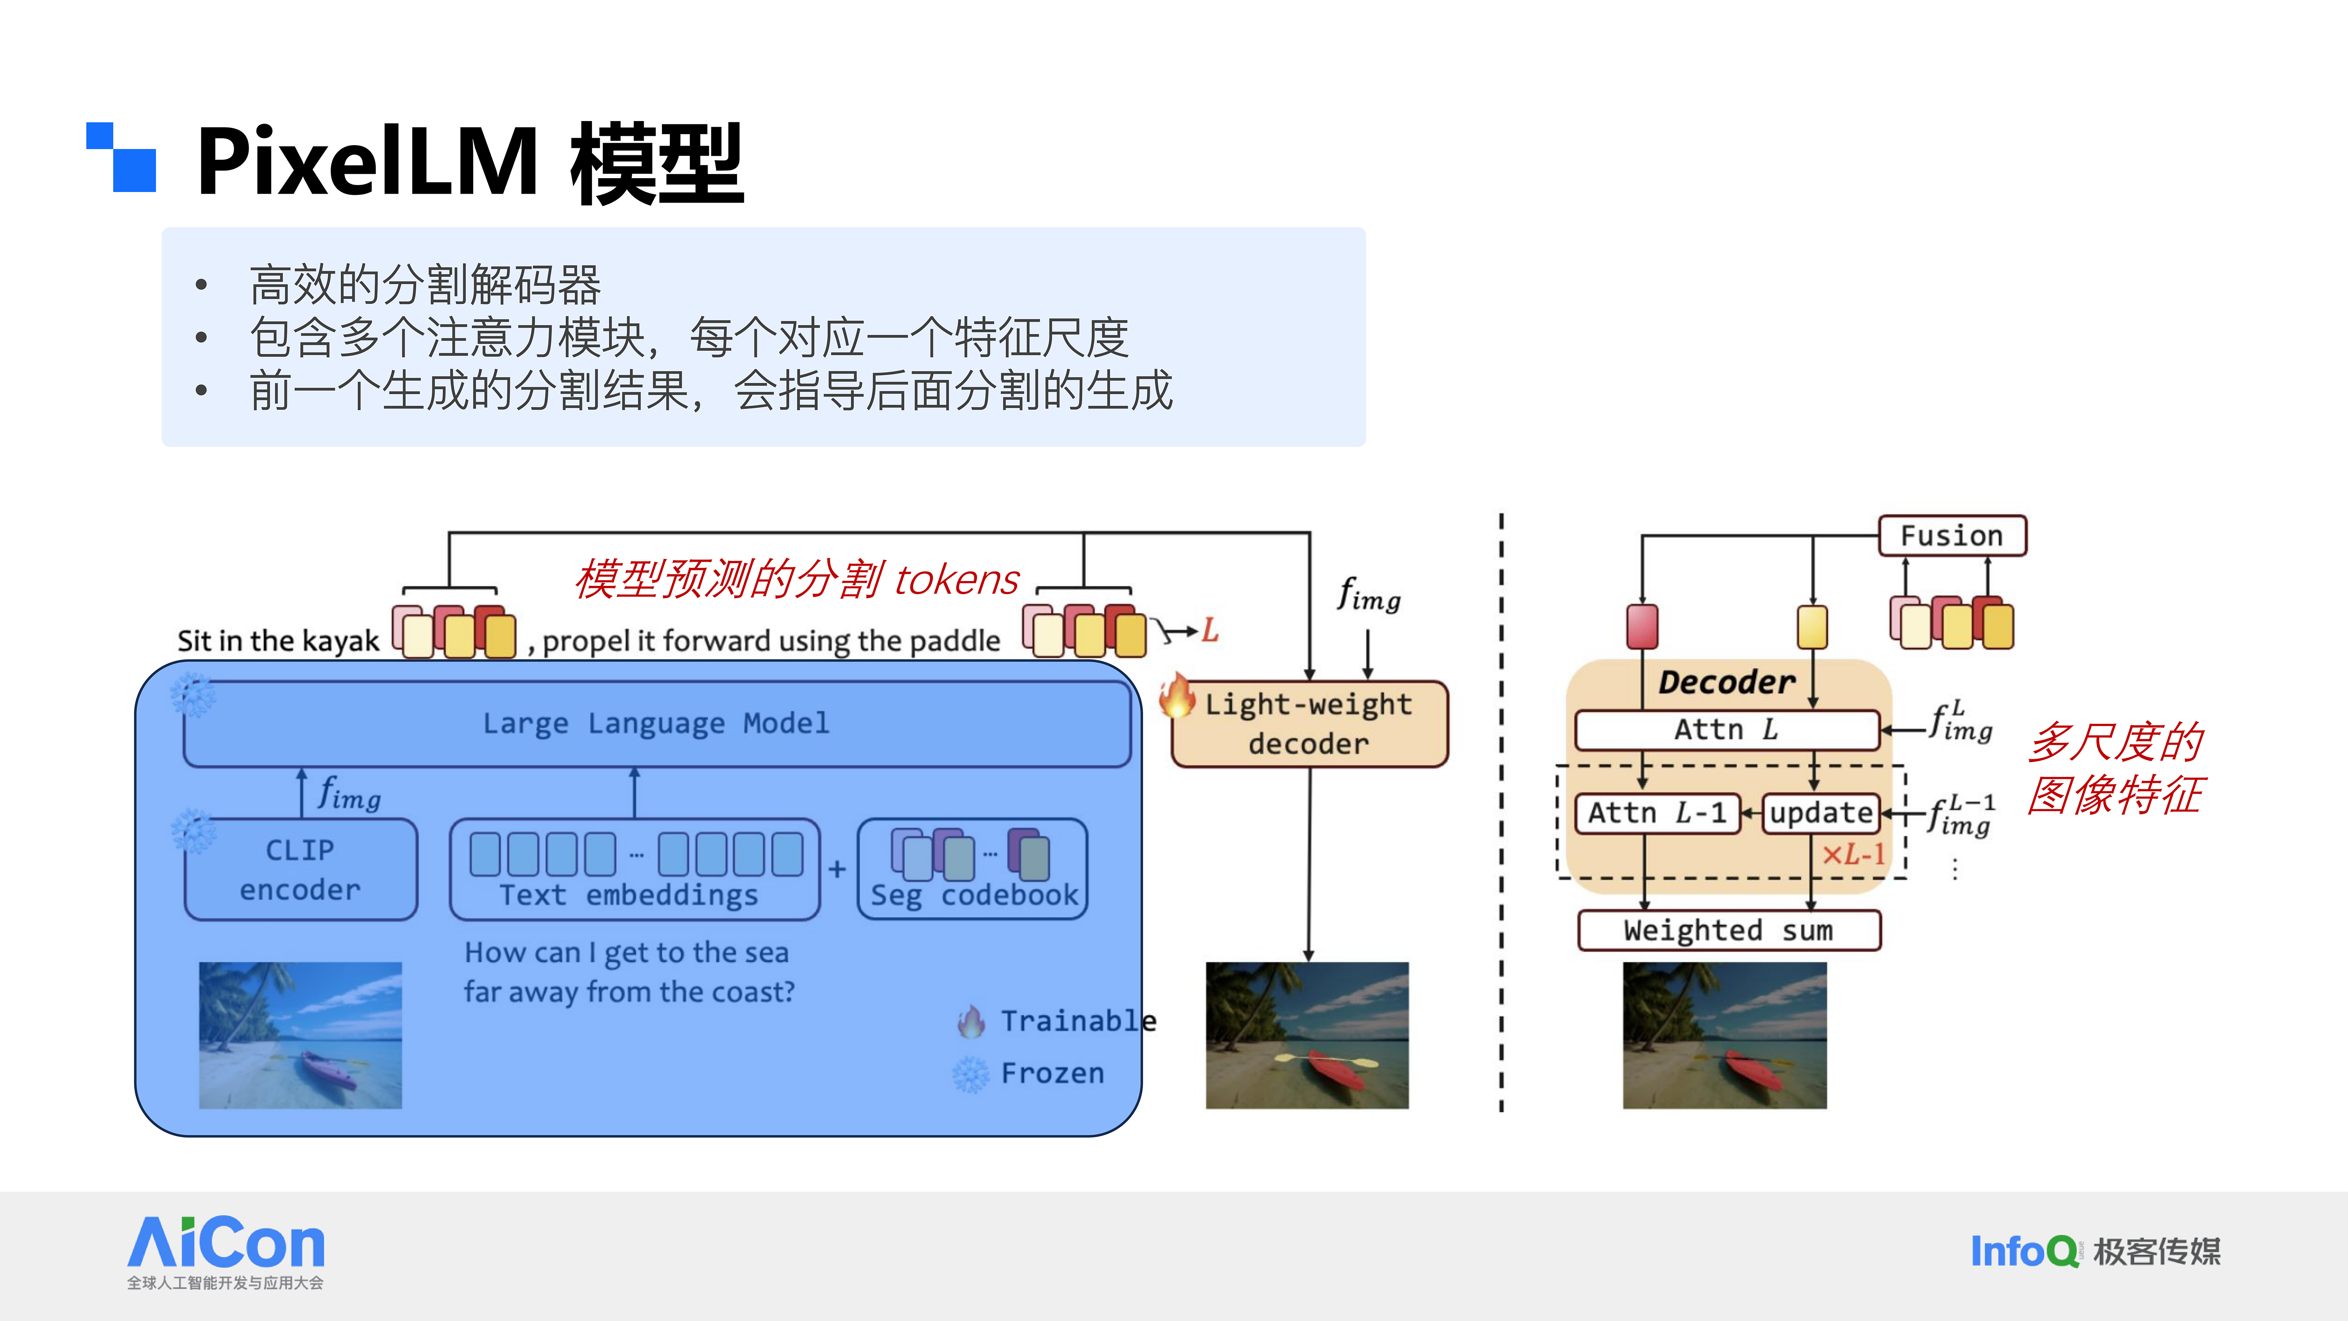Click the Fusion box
tap(1951, 535)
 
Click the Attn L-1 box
tap(1657, 812)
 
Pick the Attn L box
tap(1726, 729)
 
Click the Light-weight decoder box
tap(1309, 724)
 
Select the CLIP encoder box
tap(301, 869)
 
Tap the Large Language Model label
tap(656, 723)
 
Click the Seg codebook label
tap(973, 895)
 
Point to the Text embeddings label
tap(629, 895)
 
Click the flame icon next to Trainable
tap(972, 1021)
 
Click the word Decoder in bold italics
tap(1726, 682)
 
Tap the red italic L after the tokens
tap(1209, 629)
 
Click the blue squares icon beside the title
tap(121, 157)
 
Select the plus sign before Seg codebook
tap(837, 869)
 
